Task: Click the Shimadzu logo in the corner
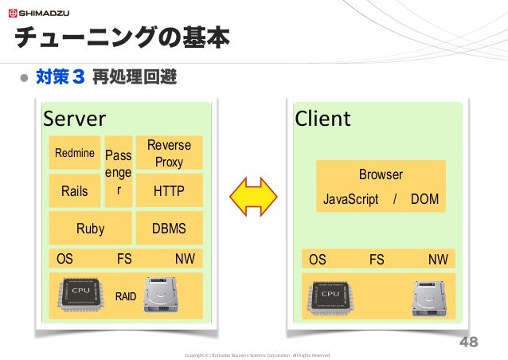39,14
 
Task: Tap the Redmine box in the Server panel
75,153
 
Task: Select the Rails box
75,190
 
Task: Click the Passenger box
119,171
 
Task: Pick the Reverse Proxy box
169,153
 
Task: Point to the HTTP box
169,190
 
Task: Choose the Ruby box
91,228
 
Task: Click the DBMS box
169,228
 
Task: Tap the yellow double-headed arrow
253,197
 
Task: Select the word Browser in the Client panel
381,174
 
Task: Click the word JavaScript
351,199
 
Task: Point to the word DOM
424,199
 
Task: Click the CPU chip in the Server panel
81,295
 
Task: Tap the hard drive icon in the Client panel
429,299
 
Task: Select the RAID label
126,296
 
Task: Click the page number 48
468,342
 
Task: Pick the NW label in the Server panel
185,259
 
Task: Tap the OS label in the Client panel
318,260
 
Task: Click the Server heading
75,119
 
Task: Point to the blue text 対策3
61,76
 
